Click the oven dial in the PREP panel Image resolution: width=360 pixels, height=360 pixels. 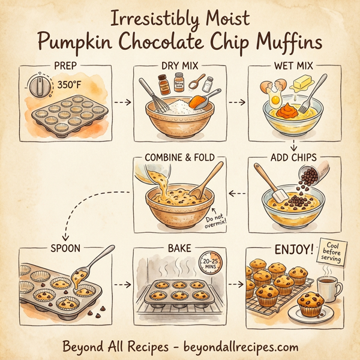(40, 86)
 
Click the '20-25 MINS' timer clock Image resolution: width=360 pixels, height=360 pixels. (208, 262)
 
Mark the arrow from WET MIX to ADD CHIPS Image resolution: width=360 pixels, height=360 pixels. (294, 146)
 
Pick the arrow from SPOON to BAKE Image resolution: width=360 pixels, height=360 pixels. (122, 284)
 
